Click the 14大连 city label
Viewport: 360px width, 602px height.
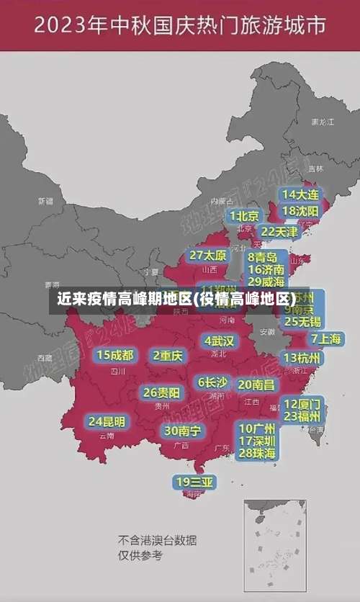(301, 194)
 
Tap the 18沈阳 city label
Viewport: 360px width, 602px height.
(301, 211)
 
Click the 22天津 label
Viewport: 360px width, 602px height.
(279, 232)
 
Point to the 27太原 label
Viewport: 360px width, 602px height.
(208, 256)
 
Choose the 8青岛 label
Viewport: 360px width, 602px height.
(264, 257)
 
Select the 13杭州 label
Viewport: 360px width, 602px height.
(303, 358)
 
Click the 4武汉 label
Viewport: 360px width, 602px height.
(219, 341)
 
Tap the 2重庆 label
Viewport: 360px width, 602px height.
(168, 355)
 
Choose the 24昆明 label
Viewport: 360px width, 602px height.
(107, 421)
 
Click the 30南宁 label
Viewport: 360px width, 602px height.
(182, 431)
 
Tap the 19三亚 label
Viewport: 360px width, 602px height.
(194, 482)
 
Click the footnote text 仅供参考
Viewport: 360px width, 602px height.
(140, 555)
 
